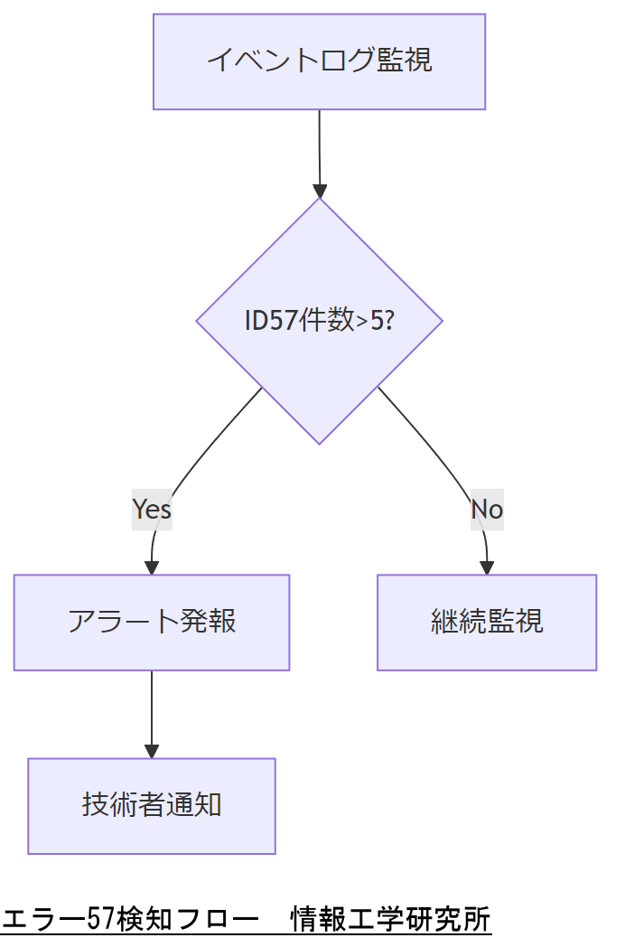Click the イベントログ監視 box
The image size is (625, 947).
pos(319,61)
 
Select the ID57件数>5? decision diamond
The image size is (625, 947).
pos(319,321)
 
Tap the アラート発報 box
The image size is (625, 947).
pos(152,623)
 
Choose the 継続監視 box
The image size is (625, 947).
pos(487,623)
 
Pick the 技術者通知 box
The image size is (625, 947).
pos(152,806)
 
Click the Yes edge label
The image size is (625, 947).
pos(152,510)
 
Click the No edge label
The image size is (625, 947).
pos(487,510)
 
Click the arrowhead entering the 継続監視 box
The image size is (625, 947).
pos(487,567)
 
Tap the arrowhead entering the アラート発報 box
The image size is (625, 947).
pos(152,567)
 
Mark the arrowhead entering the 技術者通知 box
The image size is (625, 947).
pos(152,751)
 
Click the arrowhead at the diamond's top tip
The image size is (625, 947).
pos(320,191)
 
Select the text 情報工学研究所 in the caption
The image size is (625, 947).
pos(390,920)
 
